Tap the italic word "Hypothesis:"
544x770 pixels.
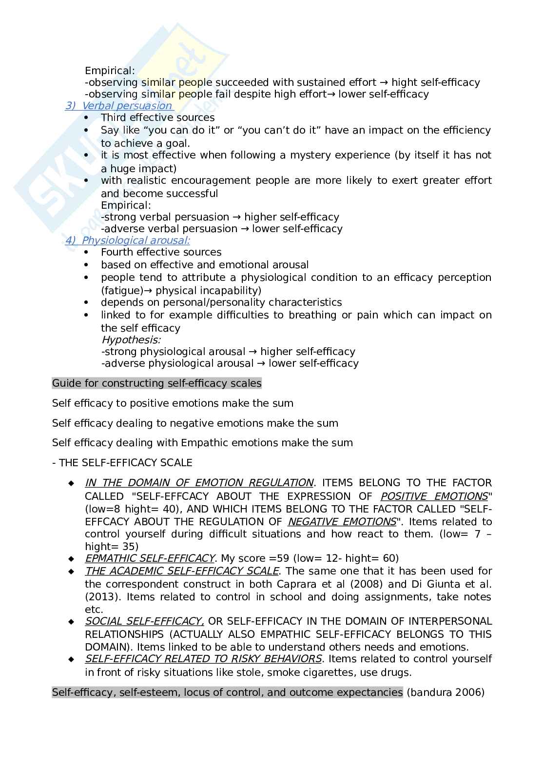click(x=131, y=340)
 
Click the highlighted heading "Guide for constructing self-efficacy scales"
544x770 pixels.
click(x=156, y=383)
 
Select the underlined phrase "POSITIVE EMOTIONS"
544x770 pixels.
click(x=434, y=496)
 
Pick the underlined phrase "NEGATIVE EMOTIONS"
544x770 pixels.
click(x=342, y=522)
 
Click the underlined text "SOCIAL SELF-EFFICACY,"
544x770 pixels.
click(x=144, y=621)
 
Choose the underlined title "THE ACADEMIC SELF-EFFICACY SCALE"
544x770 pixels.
click(x=182, y=571)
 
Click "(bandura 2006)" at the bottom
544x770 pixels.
click(x=446, y=692)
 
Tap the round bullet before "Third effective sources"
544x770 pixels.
click(x=87, y=118)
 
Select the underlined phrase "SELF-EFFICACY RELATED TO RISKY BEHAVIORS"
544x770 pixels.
click(x=203, y=659)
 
